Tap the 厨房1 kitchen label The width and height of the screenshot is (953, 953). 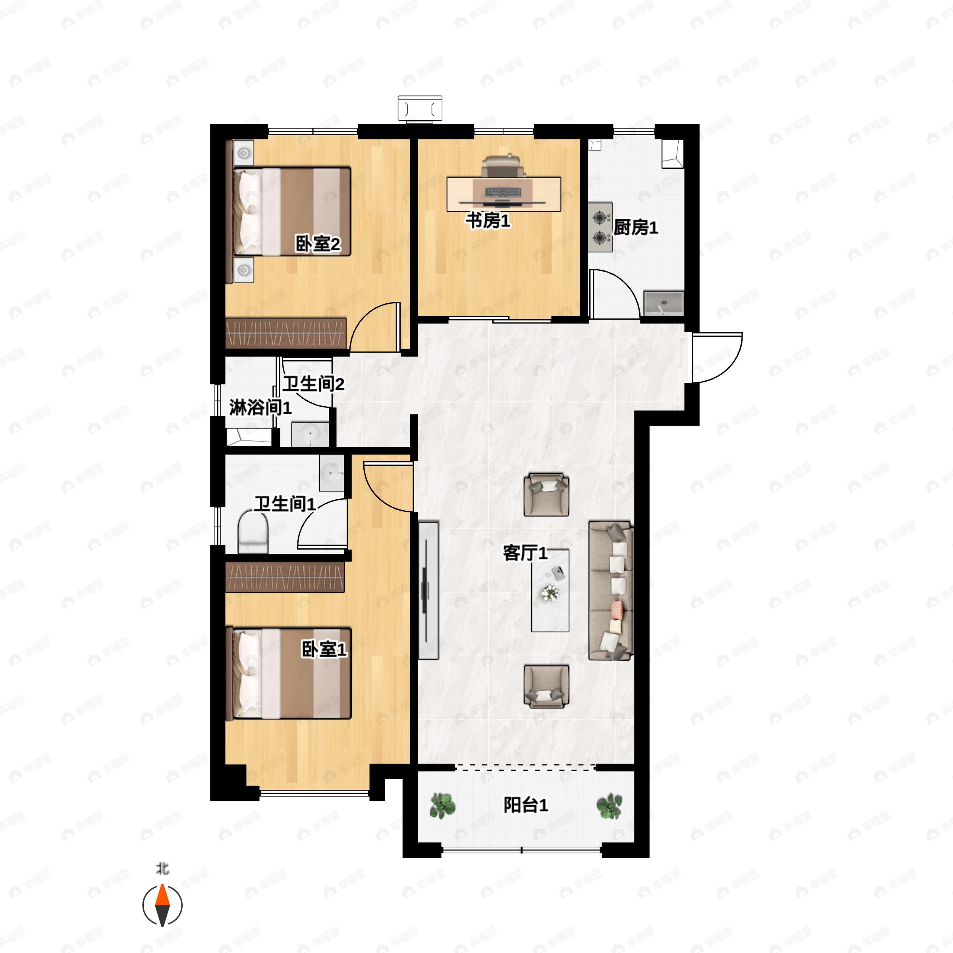pos(635,228)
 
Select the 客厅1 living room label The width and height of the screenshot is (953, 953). pos(525,553)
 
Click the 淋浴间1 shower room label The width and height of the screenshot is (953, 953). pos(260,407)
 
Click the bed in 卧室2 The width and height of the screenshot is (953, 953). pos(292,212)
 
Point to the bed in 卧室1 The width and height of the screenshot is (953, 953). pos(292,673)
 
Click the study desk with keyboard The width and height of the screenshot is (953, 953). pos(504,194)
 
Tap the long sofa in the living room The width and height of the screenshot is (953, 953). pos(611,590)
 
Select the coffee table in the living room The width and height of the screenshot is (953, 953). pos(550,590)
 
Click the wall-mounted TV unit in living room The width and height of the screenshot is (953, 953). pos(428,590)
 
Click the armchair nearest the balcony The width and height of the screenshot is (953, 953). pos(546,686)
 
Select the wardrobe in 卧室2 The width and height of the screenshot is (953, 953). pos(286,333)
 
